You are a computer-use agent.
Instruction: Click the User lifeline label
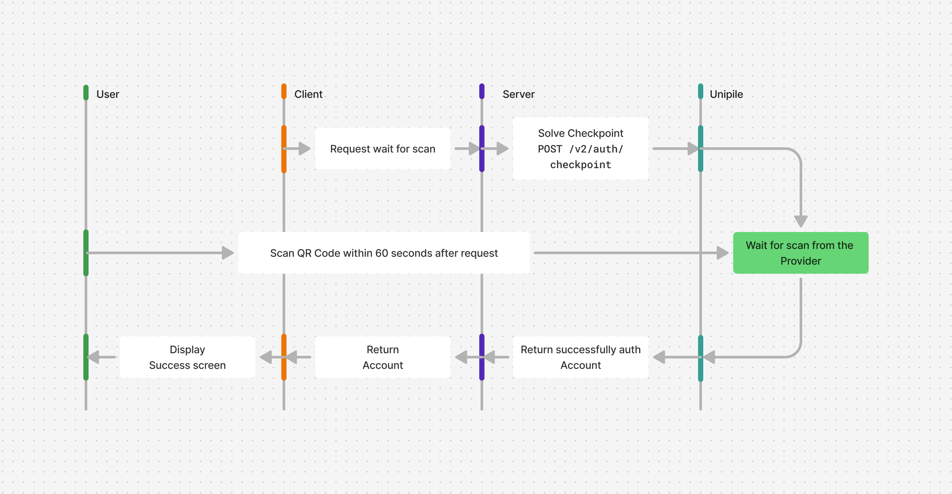tap(107, 94)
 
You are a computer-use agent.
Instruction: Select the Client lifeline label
tap(308, 94)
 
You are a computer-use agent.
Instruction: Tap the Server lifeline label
tap(519, 94)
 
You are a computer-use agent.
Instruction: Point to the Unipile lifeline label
tap(726, 94)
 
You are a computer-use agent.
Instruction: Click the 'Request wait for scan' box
tap(383, 149)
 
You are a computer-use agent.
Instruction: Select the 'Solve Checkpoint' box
tap(581, 149)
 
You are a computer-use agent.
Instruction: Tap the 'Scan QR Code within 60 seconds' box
tap(384, 253)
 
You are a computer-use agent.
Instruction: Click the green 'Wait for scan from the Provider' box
tap(801, 253)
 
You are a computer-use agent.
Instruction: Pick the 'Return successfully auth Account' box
tap(581, 357)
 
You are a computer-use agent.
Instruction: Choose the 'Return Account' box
tap(383, 357)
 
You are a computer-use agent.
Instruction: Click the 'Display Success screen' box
tap(187, 357)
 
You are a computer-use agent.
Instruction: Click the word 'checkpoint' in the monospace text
tap(581, 165)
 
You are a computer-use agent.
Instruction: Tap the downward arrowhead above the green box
tap(801, 222)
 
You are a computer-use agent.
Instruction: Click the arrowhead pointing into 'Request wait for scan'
tap(304, 149)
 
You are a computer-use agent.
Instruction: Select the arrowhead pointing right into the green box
tap(722, 253)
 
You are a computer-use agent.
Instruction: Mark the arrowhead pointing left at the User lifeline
tap(93, 357)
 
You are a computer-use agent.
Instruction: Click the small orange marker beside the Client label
tap(284, 91)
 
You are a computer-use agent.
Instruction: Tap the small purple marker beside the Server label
tap(482, 91)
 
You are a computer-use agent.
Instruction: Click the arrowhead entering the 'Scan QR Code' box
tap(228, 253)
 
